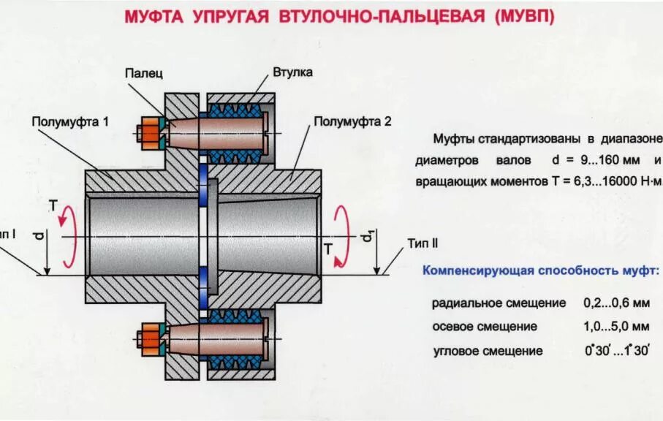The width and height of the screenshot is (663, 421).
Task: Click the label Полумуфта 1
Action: [x=70, y=121]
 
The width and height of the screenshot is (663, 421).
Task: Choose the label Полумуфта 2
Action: [x=352, y=121]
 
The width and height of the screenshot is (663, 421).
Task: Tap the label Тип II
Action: [x=423, y=243]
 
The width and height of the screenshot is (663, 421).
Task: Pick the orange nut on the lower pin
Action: [x=153, y=338]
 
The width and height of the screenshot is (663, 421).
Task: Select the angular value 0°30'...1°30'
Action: [x=616, y=350]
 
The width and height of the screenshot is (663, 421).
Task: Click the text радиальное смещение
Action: [x=499, y=303]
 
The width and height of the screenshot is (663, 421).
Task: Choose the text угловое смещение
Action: [x=488, y=351]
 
